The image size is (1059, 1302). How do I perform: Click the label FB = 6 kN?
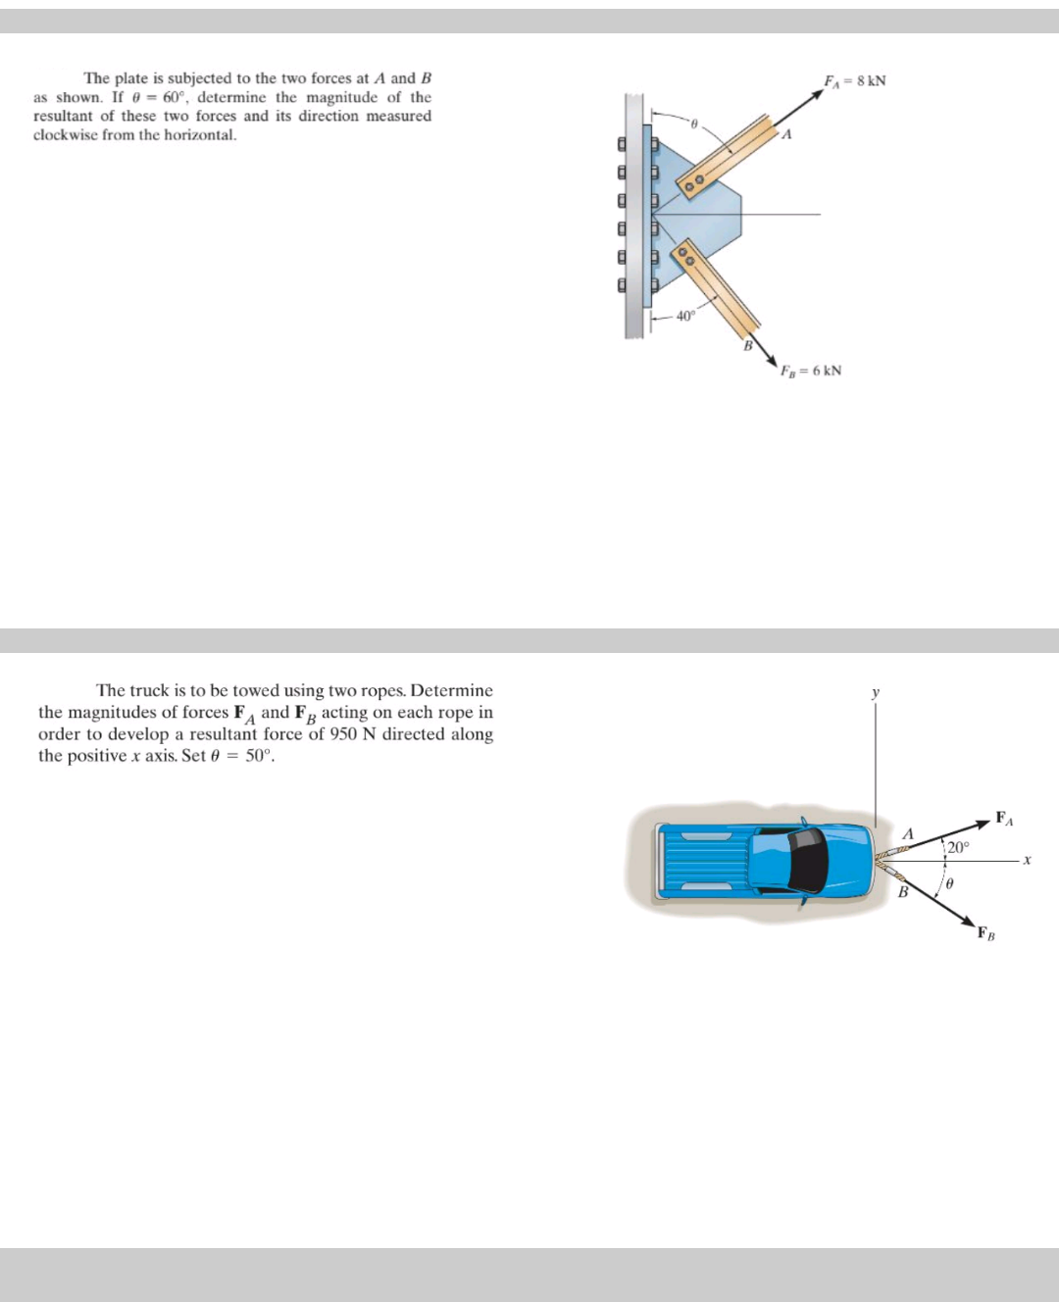point(810,371)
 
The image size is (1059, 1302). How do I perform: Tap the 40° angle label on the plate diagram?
point(684,316)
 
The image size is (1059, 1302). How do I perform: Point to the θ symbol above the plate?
point(693,125)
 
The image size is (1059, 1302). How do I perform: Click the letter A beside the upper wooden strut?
point(785,135)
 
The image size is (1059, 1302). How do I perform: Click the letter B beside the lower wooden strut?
point(747,345)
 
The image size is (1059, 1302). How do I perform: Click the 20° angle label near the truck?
point(957,847)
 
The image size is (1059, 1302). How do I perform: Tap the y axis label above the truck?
point(876,693)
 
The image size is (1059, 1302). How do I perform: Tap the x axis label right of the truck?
point(1027,860)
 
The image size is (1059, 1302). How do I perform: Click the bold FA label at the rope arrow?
point(1004,818)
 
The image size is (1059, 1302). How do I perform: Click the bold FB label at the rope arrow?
point(985,932)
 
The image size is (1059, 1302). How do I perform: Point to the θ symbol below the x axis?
point(949,883)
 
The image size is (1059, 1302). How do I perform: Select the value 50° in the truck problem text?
point(257,756)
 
